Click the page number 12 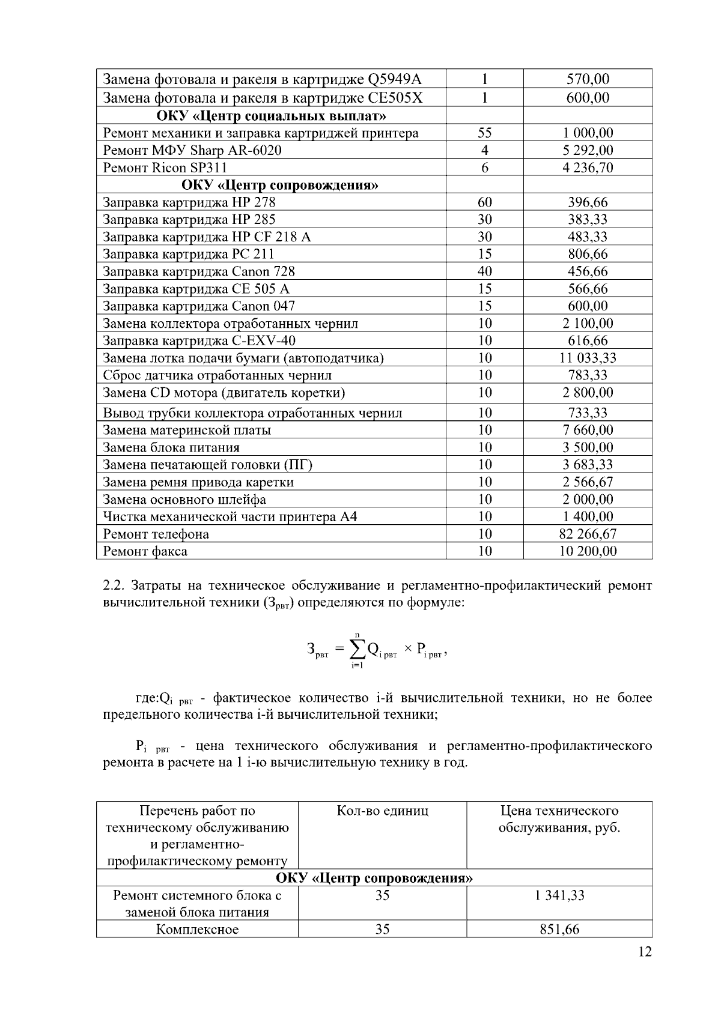coord(645,952)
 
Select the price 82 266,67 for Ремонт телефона coord(587,534)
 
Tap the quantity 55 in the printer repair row coord(484,133)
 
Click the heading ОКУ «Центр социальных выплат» coord(271,115)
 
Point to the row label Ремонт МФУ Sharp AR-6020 coord(192,150)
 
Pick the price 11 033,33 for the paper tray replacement coord(587,358)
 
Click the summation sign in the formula coord(357,649)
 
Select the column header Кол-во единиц coord(382,811)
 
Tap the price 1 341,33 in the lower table coord(559,895)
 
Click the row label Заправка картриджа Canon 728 coord(199,271)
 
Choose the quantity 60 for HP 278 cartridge coord(484,202)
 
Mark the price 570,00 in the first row coord(587,79)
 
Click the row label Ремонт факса coord(145,551)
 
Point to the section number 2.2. coord(115,585)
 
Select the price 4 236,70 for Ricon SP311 coord(587,168)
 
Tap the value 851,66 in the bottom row coord(559,930)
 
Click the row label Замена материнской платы coord(187,430)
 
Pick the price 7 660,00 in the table coord(587,430)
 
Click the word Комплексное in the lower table coord(197,930)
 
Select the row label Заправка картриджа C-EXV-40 coord(199,340)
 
